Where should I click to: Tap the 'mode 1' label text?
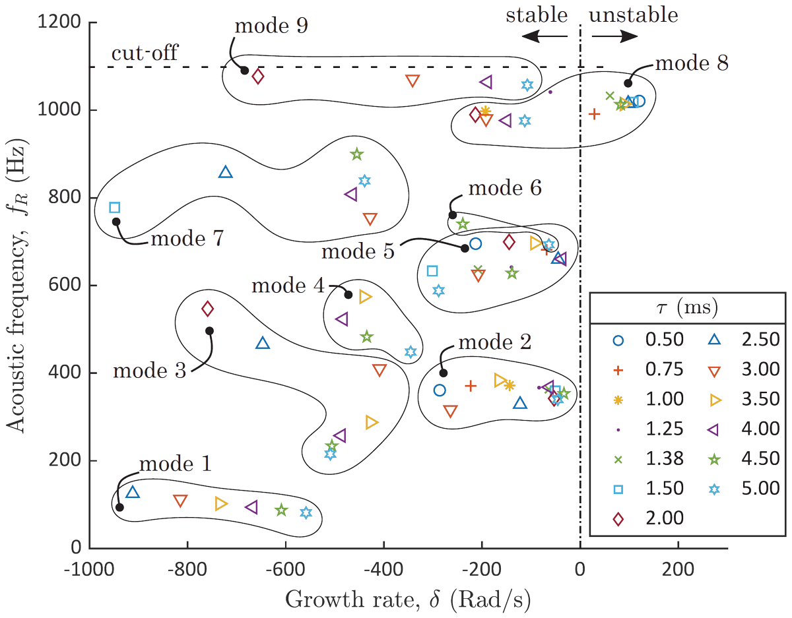point(175,464)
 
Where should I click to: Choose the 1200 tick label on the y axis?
point(61,23)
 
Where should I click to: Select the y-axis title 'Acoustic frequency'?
point(18,284)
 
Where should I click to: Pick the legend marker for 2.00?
point(618,518)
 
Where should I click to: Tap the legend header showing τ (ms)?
point(686,307)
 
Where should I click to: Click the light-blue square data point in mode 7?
point(114,208)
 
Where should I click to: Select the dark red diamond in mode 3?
point(208,309)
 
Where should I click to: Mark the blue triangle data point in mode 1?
point(133,492)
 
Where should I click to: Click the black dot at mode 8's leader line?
point(628,83)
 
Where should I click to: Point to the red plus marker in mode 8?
point(595,114)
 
